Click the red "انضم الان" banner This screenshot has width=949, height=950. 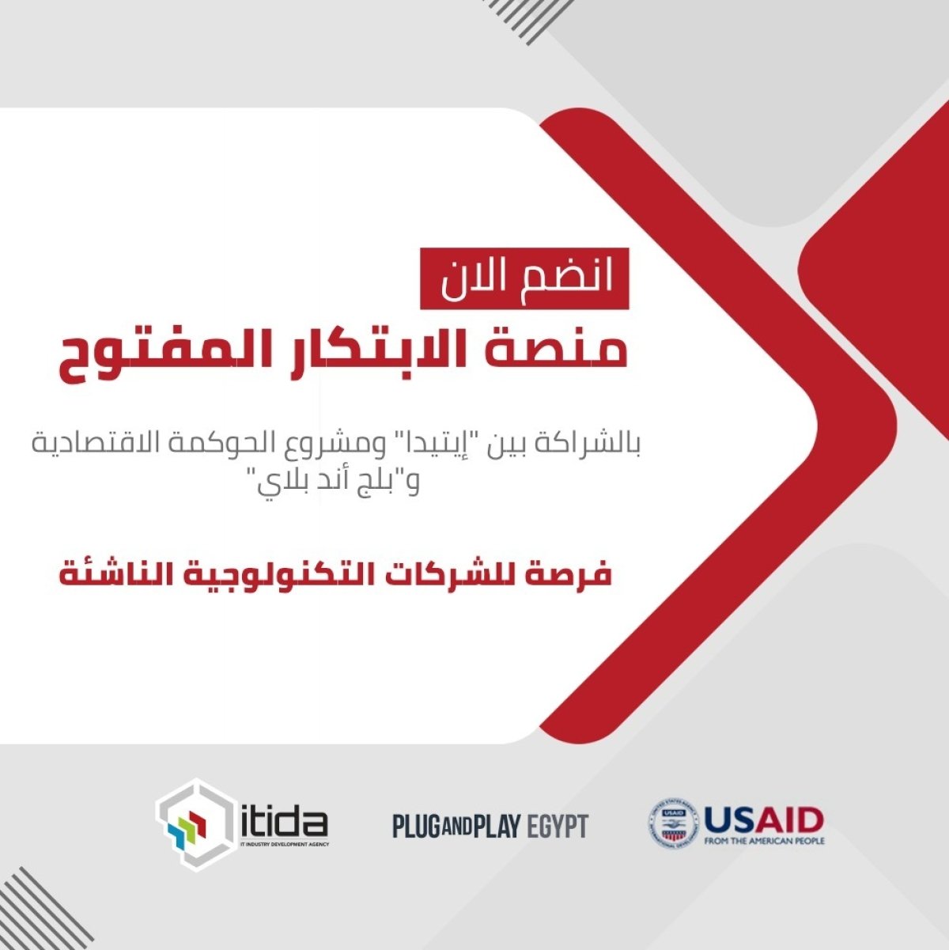524,278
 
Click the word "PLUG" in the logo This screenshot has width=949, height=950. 415,827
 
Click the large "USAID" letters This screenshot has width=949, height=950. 764,819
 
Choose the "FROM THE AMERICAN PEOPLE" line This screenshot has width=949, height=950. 764,841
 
